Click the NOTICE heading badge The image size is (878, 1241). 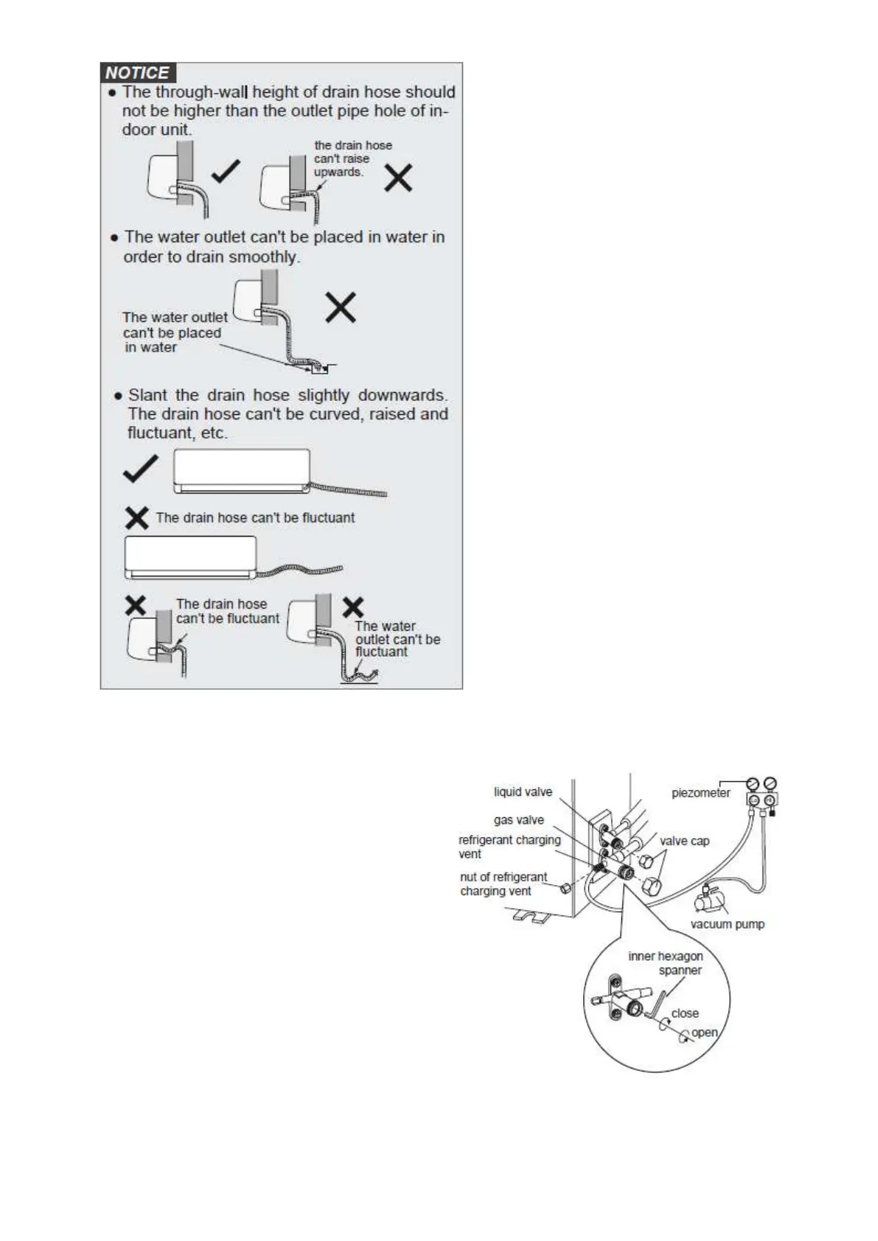137,72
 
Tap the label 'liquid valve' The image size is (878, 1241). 523,791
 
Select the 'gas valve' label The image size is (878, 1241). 518,819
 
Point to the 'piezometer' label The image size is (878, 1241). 700,793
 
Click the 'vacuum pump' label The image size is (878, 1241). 727,924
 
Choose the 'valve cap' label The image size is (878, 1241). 684,841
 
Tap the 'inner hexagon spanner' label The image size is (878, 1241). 666,963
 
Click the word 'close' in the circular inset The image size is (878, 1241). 685,1013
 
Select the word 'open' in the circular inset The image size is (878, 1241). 704,1032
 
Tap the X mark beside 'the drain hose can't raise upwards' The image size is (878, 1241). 398,178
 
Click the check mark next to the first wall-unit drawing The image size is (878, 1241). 225,173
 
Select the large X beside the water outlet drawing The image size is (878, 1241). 341,307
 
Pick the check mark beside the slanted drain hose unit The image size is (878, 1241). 140,469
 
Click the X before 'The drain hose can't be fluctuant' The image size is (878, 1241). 137,517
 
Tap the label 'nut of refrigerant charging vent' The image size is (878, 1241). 503,884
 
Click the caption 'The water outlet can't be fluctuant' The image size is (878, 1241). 397,638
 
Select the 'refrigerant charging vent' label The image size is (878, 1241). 509,846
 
